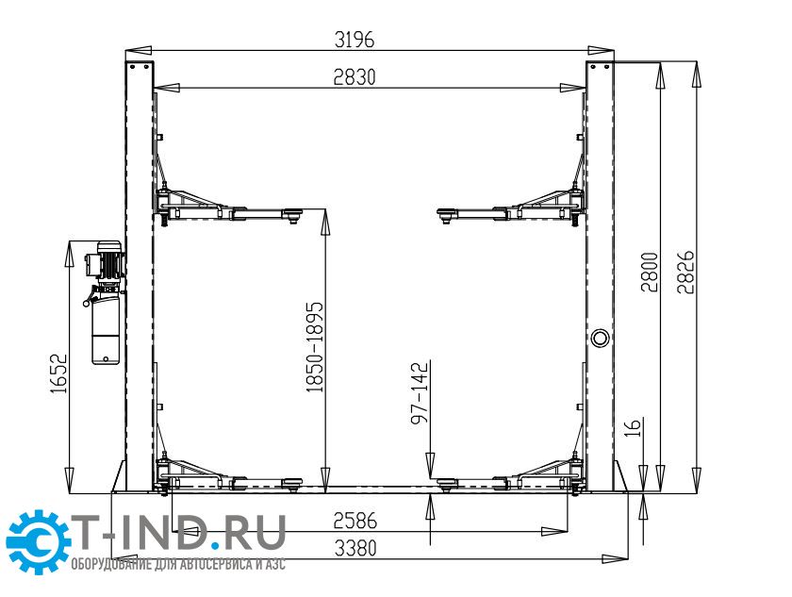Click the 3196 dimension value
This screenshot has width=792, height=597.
coord(355,40)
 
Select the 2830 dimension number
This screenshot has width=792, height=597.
coord(355,77)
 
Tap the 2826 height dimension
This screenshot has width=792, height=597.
coord(686,273)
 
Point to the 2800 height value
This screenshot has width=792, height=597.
coord(650,273)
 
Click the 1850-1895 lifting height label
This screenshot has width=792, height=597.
coord(314,347)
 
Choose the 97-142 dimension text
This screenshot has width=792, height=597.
coord(420,392)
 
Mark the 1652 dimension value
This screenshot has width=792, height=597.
coord(58,373)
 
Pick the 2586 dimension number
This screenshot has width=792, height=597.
coord(355,521)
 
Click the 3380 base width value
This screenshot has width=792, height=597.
coord(355,548)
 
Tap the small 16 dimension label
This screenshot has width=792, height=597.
coord(633,427)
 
